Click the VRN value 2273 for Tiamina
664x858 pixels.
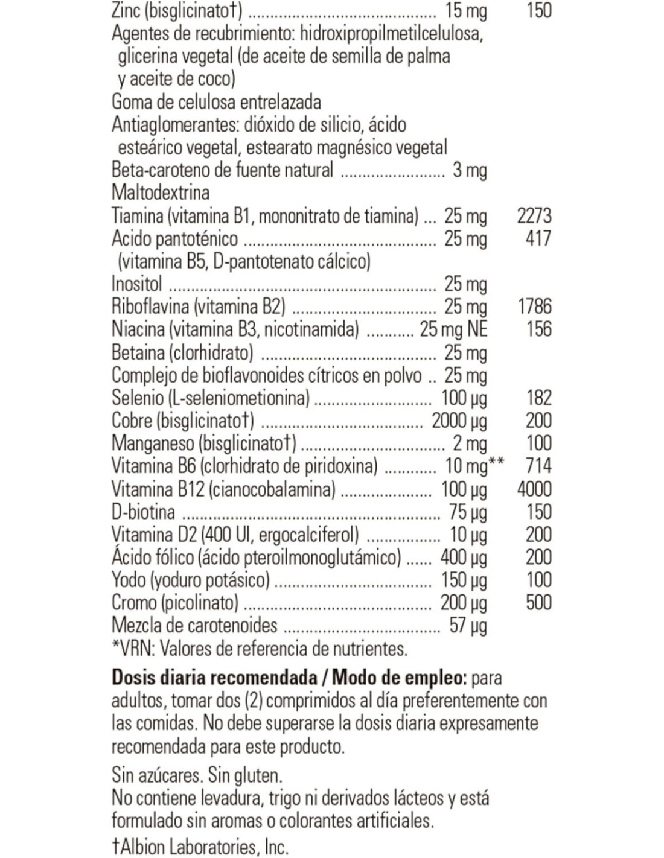[534, 215]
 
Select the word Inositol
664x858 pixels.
[136, 284]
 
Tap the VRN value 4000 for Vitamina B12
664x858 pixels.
[534, 489]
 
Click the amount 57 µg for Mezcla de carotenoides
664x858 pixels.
[468, 626]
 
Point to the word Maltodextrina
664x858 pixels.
[161, 192]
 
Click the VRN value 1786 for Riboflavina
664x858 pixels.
[534, 306]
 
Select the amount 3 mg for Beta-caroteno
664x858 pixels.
[470, 170]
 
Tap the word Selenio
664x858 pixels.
[138, 398]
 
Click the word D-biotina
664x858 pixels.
[144, 512]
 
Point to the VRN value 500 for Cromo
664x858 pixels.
[538, 602]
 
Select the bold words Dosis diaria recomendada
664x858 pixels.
[215, 678]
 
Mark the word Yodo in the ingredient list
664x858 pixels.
[128, 580]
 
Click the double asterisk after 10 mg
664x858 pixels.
[497, 463]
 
